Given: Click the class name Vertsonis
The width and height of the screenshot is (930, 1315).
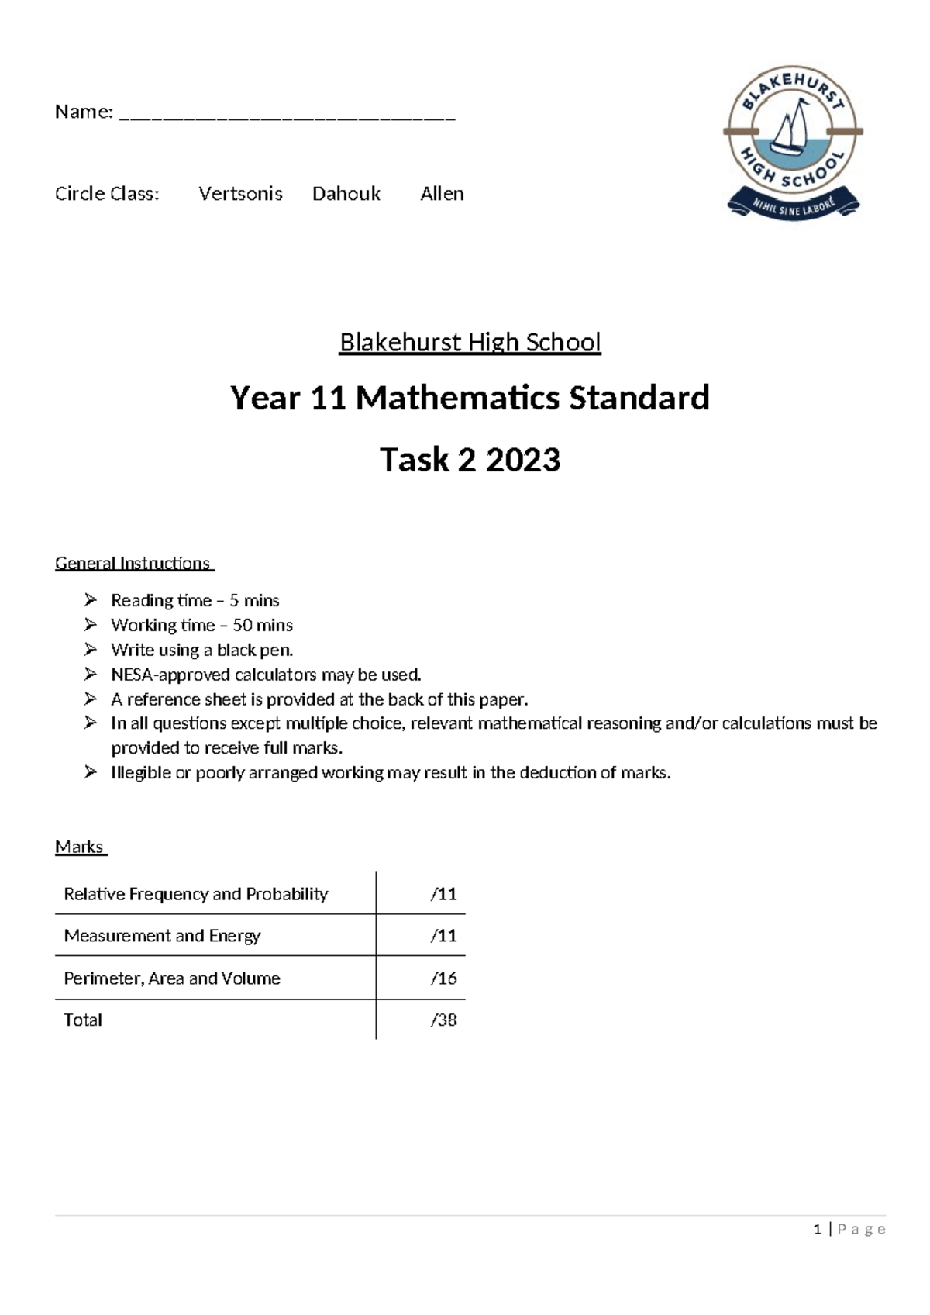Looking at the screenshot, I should pos(240,194).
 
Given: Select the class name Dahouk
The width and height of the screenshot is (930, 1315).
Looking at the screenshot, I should pos(346,194).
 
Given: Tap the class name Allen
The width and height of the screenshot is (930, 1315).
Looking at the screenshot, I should pos(442,194).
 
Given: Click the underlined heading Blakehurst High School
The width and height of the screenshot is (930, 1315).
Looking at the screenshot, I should pos(470,342).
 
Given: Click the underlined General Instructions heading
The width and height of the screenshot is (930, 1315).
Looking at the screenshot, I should pos(133,563).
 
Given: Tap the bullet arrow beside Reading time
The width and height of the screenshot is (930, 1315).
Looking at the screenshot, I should pos(91,599).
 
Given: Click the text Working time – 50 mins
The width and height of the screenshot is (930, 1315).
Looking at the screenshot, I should pos(201,625).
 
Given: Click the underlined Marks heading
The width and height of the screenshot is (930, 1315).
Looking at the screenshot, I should pos(80,847).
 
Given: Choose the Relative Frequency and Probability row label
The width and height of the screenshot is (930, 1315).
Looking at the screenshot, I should pos(195,894).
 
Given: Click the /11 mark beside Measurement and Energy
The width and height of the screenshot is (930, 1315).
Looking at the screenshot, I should pos(443,936).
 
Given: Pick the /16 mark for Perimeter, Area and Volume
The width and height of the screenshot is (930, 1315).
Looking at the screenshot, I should pos(443,978).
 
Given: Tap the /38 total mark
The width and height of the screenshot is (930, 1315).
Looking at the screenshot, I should pos(443,1020).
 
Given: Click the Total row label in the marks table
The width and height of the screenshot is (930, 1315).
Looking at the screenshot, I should pos(83,1020).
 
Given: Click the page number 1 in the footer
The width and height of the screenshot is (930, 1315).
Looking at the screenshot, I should pos(817,1230).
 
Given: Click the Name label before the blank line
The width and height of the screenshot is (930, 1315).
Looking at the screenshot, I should pos(83,112).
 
